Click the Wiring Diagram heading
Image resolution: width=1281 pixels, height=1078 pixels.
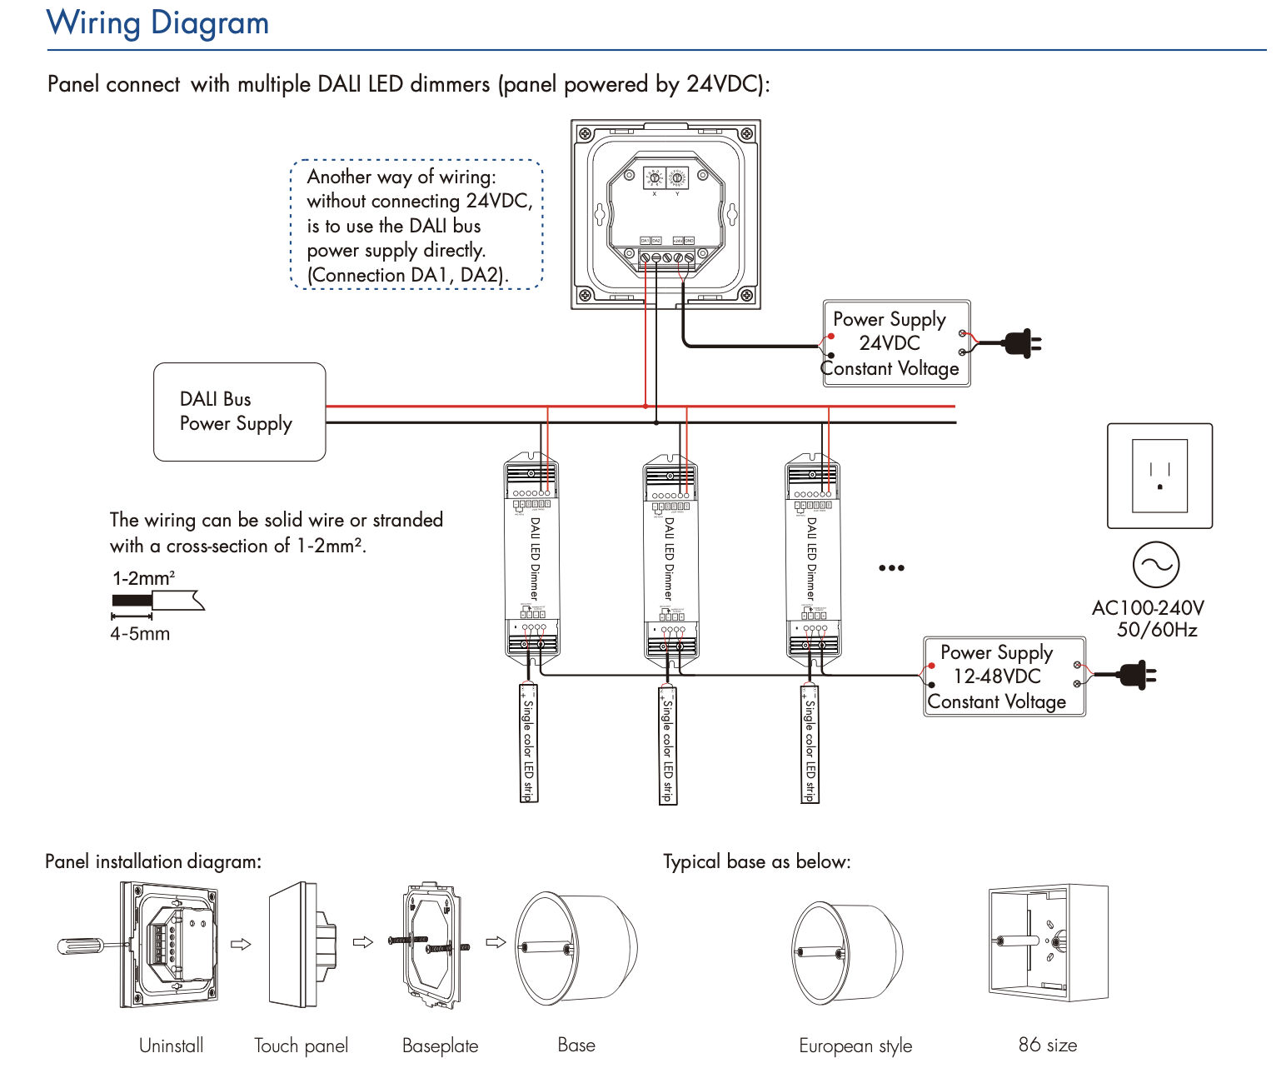point(157,22)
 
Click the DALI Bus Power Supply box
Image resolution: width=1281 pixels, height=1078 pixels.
point(239,412)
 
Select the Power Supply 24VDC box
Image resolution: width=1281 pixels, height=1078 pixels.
point(896,343)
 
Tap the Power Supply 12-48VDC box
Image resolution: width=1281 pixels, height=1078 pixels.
point(1004,676)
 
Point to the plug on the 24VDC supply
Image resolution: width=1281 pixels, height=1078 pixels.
point(1020,342)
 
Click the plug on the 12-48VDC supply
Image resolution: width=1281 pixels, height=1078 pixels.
point(1135,675)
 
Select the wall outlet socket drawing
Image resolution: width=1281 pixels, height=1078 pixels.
point(1159,476)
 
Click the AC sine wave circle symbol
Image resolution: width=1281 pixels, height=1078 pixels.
point(1156,565)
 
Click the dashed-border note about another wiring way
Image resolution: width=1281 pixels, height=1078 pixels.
point(416,225)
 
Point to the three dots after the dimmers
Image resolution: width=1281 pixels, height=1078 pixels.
point(891,568)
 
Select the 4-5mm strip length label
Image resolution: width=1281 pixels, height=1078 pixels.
point(140,634)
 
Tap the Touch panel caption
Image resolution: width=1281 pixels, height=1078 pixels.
point(301,1046)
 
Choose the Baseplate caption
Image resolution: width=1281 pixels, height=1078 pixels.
point(440,1046)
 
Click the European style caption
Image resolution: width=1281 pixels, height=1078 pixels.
point(855,1046)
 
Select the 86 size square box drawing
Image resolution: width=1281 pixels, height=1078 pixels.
point(1048,943)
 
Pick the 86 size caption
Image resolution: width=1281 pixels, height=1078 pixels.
point(1047,1045)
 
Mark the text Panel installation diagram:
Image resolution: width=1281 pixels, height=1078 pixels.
point(153,861)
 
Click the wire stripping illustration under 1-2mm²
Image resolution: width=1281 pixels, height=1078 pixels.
point(157,600)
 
